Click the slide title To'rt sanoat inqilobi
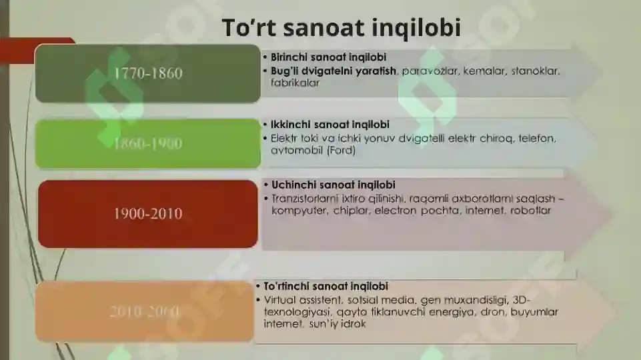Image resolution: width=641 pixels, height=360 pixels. pyautogui.click(x=341, y=27)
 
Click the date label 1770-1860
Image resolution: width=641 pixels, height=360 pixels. pyautogui.click(x=147, y=74)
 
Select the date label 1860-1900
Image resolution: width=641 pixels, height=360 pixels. pyautogui.click(x=147, y=144)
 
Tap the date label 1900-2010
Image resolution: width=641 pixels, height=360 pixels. pyautogui.click(x=147, y=214)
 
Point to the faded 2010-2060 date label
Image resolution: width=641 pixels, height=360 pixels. pyautogui.click(x=145, y=311)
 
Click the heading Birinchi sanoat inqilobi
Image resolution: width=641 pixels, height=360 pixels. pyautogui.click(x=328, y=57)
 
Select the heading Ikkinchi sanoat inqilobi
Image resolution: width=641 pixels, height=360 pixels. pyautogui.click(x=330, y=125)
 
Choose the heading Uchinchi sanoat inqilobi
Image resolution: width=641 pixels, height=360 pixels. pyautogui.click(x=333, y=185)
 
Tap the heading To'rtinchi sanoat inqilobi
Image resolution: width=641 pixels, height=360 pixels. pyautogui.click(x=326, y=286)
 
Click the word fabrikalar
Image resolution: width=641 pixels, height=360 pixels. pyautogui.click(x=295, y=83)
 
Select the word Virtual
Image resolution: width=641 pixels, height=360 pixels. pyautogui.click(x=279, y=299)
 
